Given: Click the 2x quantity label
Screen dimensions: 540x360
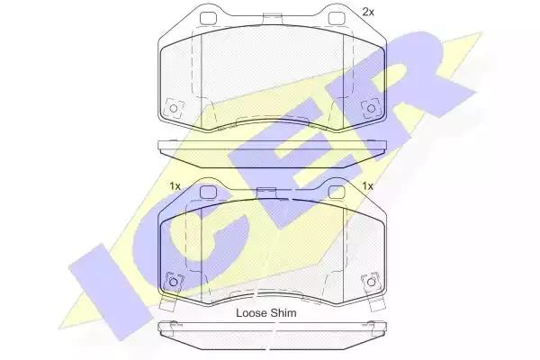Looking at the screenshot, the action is point(368,12).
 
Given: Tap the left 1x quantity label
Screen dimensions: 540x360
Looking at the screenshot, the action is point(175,186).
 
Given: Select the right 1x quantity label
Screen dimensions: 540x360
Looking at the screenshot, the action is point(368,186).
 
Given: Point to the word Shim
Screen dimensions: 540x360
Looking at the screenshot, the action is point(283,313).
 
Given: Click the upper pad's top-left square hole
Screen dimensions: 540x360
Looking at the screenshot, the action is point(207,18).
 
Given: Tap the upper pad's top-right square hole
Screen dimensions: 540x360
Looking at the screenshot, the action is point(336,18).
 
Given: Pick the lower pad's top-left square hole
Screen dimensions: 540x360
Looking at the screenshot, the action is point(207,192).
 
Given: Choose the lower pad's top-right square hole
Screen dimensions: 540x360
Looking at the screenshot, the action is point(336,192).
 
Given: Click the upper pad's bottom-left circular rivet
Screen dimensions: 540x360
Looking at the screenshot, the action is point(174,109).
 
